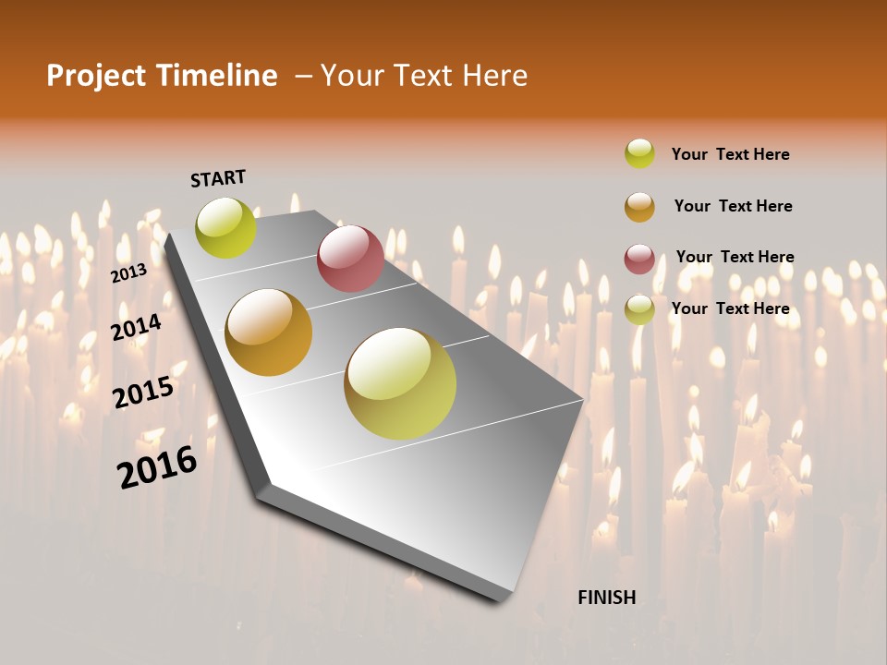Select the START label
pyautogui.click(x=218, y=178)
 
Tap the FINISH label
pyautogui.click(x=606, y=598)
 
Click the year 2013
pyautogui.click(x=128, y=272)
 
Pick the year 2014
pyautogui.click(x=137, y=327)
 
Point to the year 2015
pyautogui.click(x=143, y=392)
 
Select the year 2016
pyautogui.click(x=157, y=466)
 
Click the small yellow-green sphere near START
pyautogui.click(x=225, y=227)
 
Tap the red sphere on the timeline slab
pyautogui.click(x=350, y=258)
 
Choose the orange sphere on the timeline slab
pyautogui.click(x=269, y=332)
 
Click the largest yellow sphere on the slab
pyautogui.click(x=400, y=383)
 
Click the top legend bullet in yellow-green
pyautogui.click(x=639, y=153)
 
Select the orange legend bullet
pyautogui.click(x=639, y=207)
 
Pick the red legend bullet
pyautogui.click(x=639, y=259)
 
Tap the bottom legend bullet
pyautogui.click(x=639, y=309)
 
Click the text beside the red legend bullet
pyautogui.click(x=735, y=257)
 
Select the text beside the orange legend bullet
pyautogui.click(x=733, y=206)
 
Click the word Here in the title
pyautogui.click(x=494, y=76)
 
